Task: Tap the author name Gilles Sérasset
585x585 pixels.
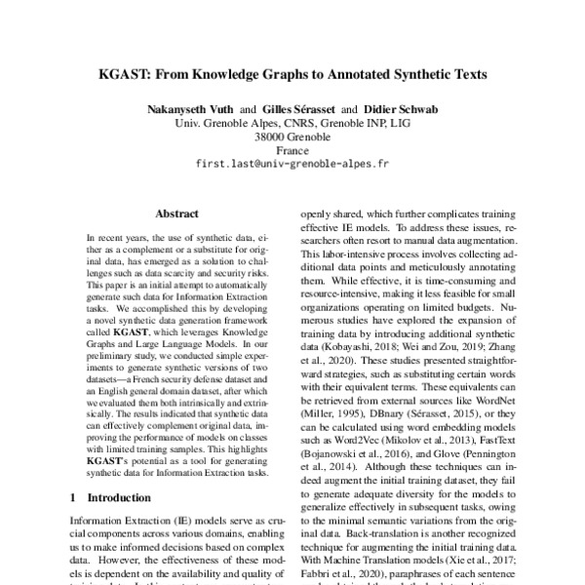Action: (291, 108)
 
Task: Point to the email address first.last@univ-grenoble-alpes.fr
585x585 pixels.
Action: (292, 166)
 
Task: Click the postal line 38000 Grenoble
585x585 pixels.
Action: (292, 137)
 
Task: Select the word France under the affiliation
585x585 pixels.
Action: (292, 151)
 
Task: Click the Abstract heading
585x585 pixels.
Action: (178, 211)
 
